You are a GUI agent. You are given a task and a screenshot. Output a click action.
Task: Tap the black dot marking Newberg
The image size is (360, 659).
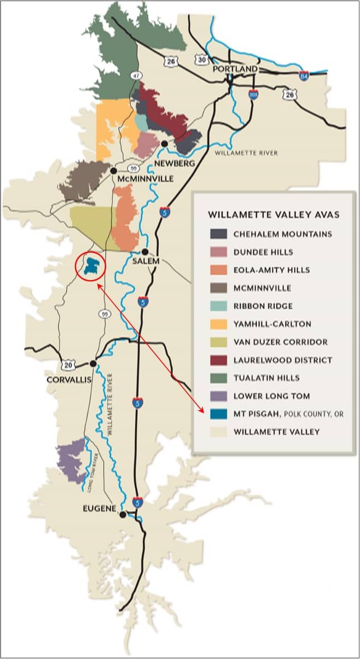click(x=164, y=143)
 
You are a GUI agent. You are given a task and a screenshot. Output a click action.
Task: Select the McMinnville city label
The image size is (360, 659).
click(x=146, y=179)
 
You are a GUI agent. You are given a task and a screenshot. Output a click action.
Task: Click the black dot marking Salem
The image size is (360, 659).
click(x=145, y=252)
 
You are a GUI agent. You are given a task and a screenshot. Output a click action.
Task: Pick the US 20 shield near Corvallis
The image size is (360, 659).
click(x=67, y=365)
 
